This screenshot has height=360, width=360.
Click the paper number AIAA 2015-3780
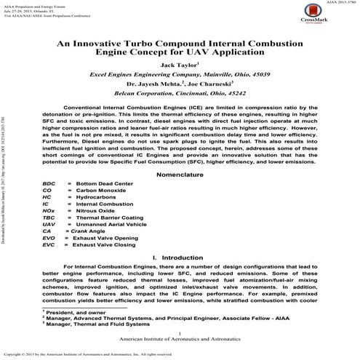(x=335, y=3)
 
